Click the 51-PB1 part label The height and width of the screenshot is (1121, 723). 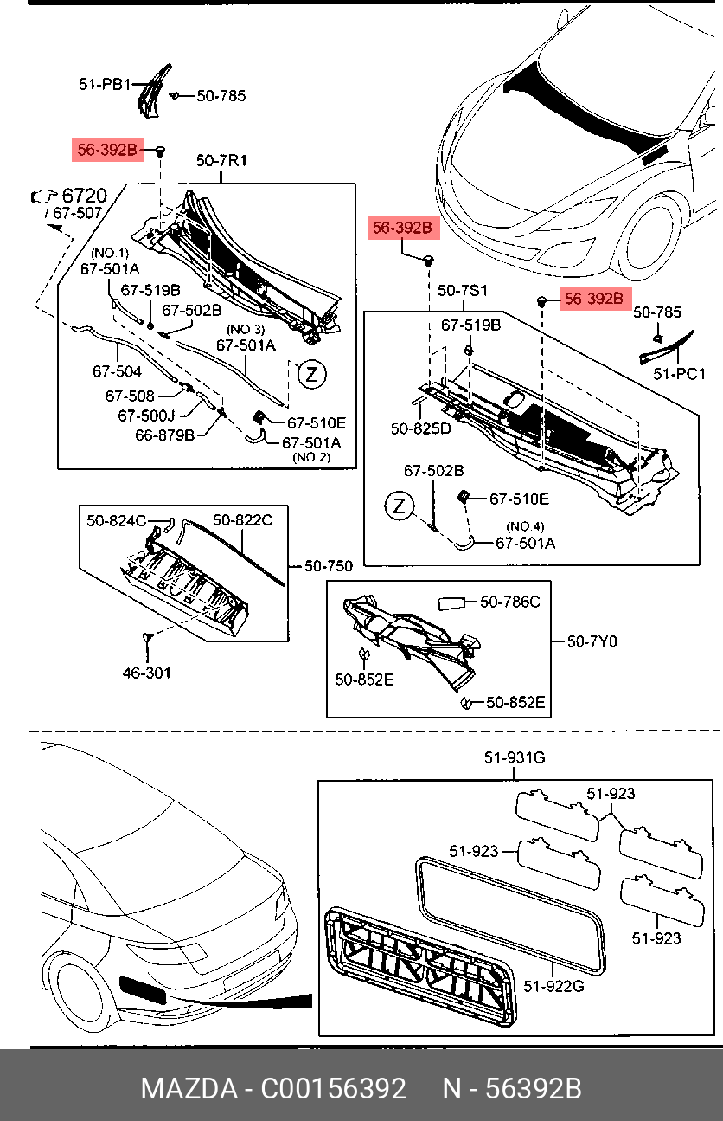pos(104,85)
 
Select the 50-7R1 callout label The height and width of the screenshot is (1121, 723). pos(221,160)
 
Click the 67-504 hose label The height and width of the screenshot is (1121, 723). pos(117,371)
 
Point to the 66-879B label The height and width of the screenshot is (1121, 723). pos(164,435)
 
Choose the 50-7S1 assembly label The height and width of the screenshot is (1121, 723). pos(462,290)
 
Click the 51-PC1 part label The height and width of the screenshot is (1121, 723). pos(679,374)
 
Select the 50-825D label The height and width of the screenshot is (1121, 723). pos(420,428)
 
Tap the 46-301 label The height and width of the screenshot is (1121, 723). pos(146,672)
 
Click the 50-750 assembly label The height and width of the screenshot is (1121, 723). pos(328,566)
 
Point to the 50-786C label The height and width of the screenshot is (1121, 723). pos(509,602)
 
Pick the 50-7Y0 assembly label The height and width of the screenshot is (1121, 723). pos(592,641)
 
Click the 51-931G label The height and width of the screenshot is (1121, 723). pos(515,758)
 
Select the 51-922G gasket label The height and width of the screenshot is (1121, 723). pos(553,985)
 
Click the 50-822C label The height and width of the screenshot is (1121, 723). pos(242,520)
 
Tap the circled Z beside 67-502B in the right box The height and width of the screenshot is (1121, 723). pos(399,506)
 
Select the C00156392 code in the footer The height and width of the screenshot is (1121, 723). pos(334,1088)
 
